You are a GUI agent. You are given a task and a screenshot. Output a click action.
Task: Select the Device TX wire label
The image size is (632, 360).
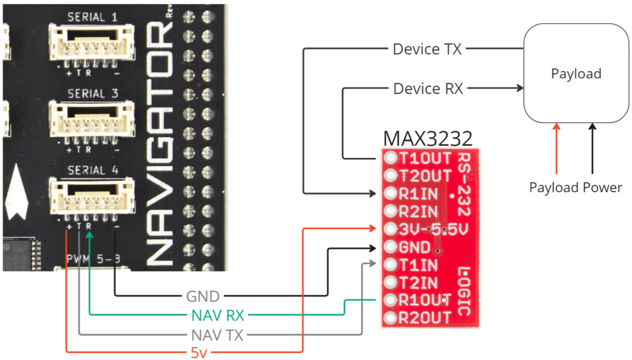(427, 49)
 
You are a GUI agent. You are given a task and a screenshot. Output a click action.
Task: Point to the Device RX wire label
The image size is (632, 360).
(428, 89)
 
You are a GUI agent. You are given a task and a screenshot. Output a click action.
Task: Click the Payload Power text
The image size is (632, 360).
(575, 187)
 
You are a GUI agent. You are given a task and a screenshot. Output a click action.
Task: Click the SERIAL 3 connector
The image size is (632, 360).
(91, 119)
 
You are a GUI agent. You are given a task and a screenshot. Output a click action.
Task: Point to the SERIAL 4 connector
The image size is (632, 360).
(91, 195)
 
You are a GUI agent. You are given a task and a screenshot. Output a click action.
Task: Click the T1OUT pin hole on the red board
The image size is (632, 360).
(390, 158)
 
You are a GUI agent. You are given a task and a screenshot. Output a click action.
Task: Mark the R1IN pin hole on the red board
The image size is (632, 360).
(390, 194)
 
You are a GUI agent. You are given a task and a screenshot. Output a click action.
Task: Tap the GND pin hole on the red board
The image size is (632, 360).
(390, 248)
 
